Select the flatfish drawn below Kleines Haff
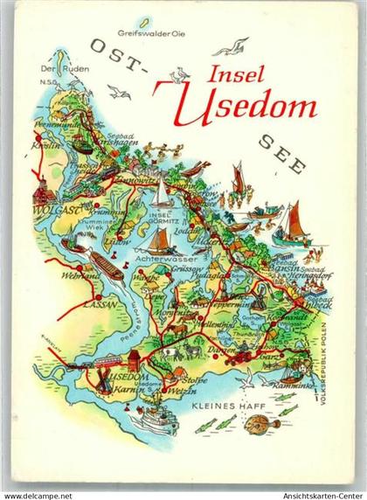click(x=262, y=426)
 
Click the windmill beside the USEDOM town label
click(x=101, y=377)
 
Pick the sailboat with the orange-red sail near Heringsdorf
click(x=293, y=226)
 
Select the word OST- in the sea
click(x=114, y=52)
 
